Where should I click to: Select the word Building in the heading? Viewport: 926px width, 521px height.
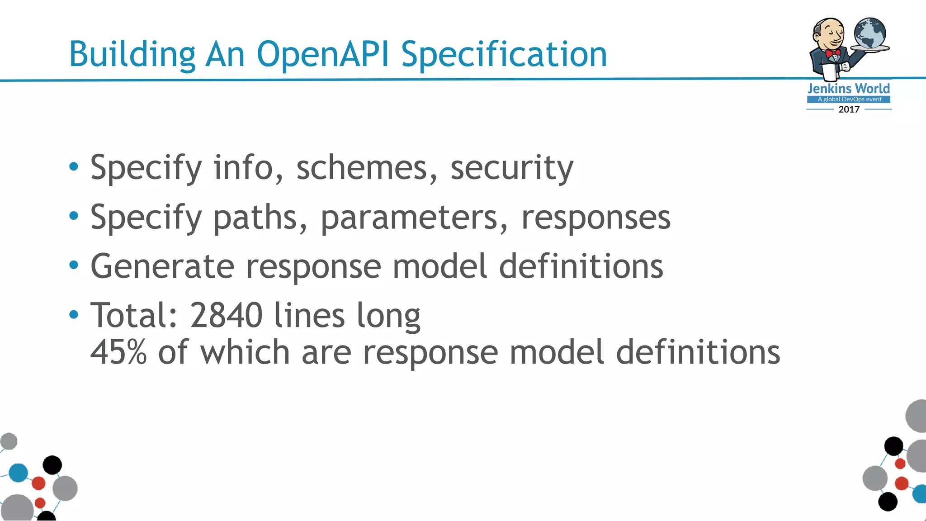132,54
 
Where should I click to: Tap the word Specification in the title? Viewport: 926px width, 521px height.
504,54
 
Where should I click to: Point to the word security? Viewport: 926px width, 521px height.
512,168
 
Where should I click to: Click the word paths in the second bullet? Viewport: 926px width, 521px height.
255,218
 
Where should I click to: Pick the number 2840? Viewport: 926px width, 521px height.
226,315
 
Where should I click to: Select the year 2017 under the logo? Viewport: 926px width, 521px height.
849,109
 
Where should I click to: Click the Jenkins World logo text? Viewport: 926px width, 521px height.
849,88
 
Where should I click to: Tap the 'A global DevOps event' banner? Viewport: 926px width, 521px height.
849,99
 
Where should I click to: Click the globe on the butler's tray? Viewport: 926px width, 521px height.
870,33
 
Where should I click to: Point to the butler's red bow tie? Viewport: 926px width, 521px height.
832,53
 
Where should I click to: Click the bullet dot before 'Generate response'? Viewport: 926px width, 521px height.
74,265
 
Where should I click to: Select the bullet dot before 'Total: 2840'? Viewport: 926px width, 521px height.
74,314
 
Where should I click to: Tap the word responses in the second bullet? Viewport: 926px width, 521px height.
595,218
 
